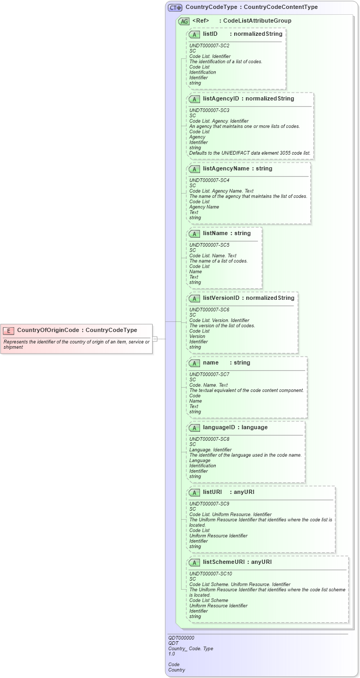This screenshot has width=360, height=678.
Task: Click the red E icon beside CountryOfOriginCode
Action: coord(8,330)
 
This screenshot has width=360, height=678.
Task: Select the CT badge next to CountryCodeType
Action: coord(175,8)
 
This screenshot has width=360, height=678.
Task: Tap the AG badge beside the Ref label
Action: coord(184,21)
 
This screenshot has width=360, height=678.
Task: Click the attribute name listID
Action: coord(210,34)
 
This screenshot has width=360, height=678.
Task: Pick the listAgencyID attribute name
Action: coord(221,98)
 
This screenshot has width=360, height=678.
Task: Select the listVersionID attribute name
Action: coord(221,298)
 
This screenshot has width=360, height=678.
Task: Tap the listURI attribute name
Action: coord(212,492)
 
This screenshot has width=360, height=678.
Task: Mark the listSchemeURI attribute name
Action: coord(224,562)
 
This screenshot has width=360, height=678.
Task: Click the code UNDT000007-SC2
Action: coord(209,46)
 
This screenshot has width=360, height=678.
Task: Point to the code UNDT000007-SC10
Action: coord(211,574)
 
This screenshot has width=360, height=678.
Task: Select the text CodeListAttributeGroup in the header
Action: coord(257,21)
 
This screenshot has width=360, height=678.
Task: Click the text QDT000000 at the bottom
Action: coord(181,638)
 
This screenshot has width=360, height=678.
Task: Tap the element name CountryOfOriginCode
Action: coord(48,330)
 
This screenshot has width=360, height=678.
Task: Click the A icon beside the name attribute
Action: coord(194,363)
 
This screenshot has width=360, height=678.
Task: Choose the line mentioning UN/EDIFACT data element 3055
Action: coord(250,153)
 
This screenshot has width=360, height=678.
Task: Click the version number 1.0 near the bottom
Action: coord(172,654)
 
